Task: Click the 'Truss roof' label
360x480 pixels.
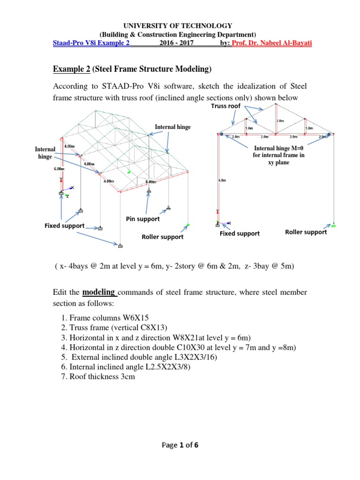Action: (225, 106)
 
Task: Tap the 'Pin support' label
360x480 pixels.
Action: (142, 219)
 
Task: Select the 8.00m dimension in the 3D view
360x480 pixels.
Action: (151, 182)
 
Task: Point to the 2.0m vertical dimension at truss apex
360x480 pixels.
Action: (280, 120)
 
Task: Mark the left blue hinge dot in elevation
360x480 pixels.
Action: (220, 134)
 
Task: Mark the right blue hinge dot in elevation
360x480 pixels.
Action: (330, 134)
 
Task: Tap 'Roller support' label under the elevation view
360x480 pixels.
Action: (306, 232)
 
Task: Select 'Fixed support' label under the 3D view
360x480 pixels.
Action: (64, 226)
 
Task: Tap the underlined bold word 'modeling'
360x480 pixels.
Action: (99, 292)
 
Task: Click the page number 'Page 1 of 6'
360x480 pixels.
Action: (180, 445)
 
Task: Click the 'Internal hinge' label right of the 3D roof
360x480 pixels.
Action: (173, 127)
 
